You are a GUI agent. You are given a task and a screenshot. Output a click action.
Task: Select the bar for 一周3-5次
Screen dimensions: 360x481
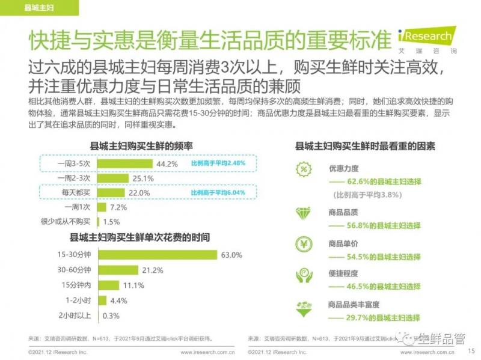tap(124, 163)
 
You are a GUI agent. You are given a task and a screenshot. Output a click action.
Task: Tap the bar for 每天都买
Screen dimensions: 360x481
tap(112, 192)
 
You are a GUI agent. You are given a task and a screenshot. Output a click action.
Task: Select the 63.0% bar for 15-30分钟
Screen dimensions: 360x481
tap(157, 255)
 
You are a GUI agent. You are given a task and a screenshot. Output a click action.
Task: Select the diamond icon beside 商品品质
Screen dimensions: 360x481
tap(304, 212)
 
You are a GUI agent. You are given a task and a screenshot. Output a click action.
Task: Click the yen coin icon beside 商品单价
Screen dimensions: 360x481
tap(304, 244)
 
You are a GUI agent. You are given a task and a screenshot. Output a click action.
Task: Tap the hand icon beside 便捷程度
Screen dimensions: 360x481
tap(304, 275)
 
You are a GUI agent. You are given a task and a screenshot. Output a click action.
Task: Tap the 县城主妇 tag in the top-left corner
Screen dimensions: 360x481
tap(37, 8)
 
